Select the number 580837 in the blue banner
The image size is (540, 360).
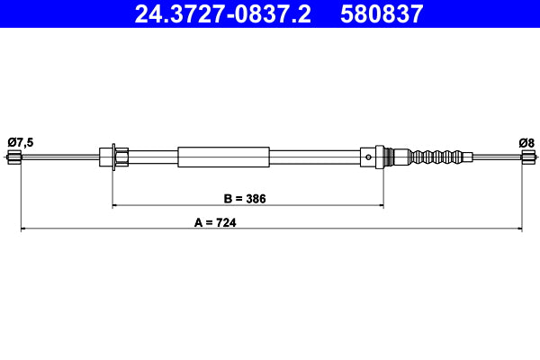pyautogui.click(x=382, y=13)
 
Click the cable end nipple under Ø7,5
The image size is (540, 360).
pyautogui.click(x=13, y=158)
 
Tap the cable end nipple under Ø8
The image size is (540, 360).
pyautogui.click(x=526, y=158)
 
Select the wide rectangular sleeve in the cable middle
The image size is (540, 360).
pyautogui.click(x=223, y=157)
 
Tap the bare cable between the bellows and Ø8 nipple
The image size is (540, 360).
pyautogui.click(x=495, y=157)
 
